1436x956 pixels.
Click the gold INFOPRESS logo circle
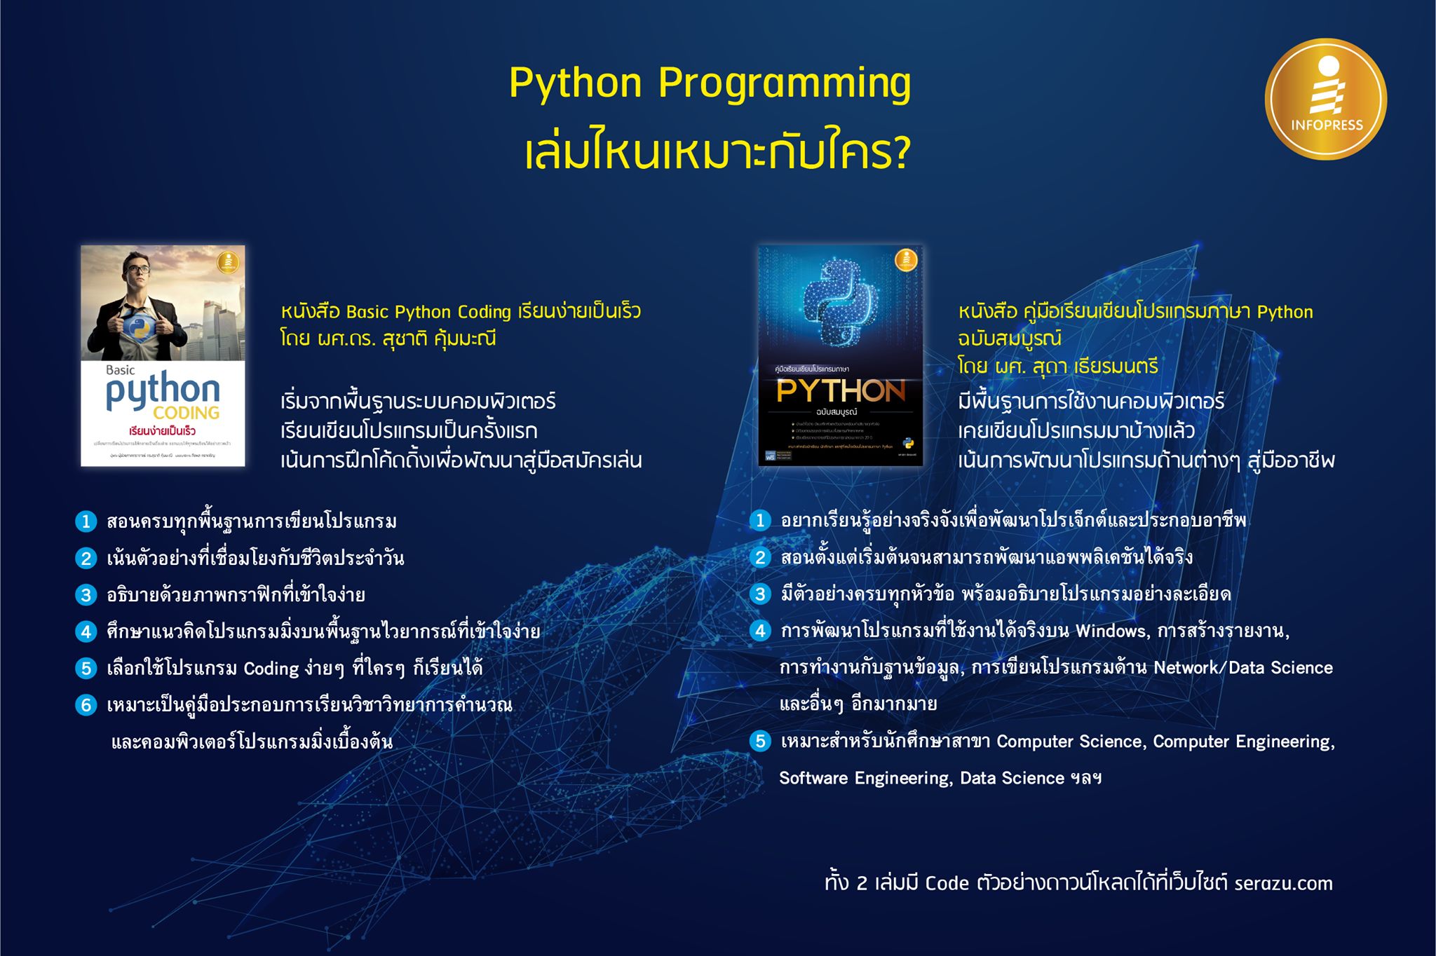click(x=1325, y=99)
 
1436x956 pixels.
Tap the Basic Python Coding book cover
click(x=163, y=355)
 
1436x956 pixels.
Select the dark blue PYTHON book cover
click(x=840, y=355)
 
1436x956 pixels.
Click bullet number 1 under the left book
click(x=86, y=521)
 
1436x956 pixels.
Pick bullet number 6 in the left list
click(x=86, y=705)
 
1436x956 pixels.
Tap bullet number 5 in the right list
click(x=760, y=742)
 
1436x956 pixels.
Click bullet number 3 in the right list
click(x=760, y=594)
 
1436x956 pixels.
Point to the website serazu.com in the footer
click(x=1283, y=883)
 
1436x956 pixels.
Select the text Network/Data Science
click(x=1242, y=668)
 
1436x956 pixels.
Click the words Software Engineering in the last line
click(x=865, y=778)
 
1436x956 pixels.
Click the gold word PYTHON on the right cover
click(x=840, y=390)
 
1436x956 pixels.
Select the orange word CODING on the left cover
click(x=186, y=412)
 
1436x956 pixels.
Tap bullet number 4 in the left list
click(x=86, y=631)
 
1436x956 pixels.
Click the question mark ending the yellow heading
click(x=900, y=153)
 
